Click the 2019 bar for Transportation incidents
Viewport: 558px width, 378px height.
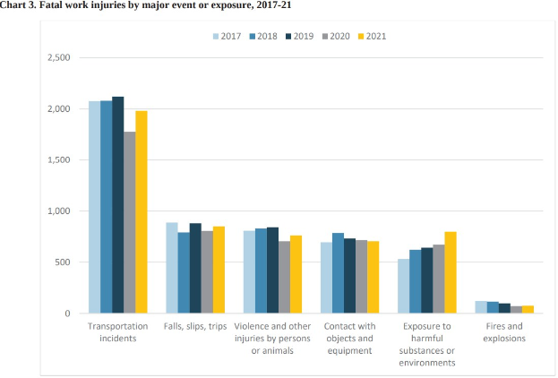coord(117,205)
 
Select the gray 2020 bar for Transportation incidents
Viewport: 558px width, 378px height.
coord(129,223)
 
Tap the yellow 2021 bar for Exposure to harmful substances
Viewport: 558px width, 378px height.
coord(451,273)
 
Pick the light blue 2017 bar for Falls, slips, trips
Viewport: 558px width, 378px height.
coord(172,268)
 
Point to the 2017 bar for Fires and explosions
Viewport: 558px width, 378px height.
coord(481,307)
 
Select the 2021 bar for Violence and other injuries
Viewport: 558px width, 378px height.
coord(296,274)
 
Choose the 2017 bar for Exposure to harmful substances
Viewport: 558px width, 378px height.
coord(404,287)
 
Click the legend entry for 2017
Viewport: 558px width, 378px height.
coord(228,37)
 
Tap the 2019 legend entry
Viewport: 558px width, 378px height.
coord(300,37)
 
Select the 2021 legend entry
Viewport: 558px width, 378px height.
coord(371,37)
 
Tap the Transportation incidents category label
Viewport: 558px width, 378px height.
coord(117,331)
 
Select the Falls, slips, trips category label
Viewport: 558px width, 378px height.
coord(194,326)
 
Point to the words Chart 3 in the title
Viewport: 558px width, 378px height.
coord(20,5)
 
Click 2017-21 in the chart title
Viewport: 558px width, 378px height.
coord(249,5)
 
